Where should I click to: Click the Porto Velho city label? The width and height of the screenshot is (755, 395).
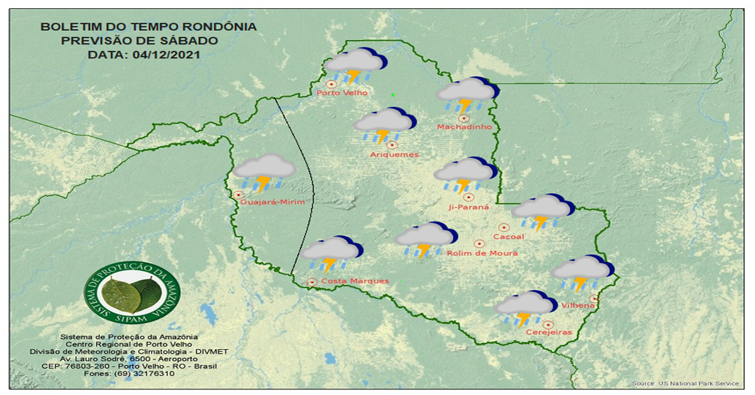coord(342,93)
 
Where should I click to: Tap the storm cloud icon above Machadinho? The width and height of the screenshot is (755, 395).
coord(467,95)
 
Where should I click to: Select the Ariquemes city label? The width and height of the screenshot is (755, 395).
coord(394,155)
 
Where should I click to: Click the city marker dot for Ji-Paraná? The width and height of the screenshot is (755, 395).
coord(468,197)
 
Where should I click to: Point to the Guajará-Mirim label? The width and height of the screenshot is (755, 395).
coord(272,203)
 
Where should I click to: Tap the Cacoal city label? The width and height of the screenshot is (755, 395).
coord(508,237)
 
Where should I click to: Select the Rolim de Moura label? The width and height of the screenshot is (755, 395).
coord(482,253)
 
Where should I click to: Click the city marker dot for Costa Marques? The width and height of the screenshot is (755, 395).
coord(311,282)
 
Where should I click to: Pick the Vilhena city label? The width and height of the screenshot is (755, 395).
coord(579,306)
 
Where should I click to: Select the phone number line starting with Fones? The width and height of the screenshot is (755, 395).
coord(129,374)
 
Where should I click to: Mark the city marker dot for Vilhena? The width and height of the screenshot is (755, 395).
coord(594,299)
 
